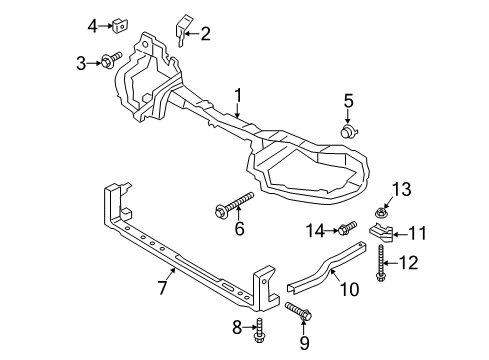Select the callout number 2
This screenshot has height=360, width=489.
(206, 36)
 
